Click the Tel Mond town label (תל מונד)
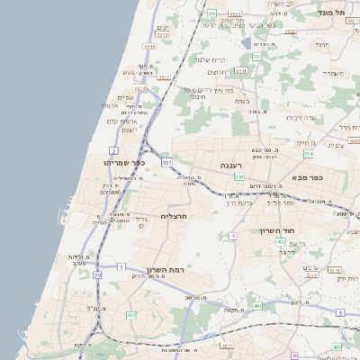330,13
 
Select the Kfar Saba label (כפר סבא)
307,177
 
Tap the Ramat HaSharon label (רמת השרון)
164,270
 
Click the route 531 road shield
166,162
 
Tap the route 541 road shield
238,178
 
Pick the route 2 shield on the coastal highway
114,149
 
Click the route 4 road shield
232,236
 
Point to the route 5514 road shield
139,88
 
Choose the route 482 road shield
132,315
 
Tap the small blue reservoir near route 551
246,42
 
